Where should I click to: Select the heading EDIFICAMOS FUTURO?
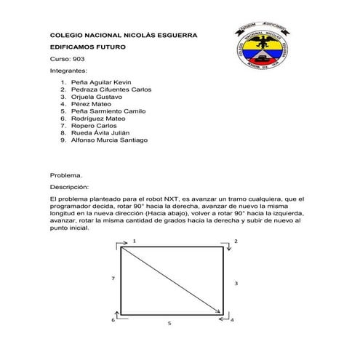87,46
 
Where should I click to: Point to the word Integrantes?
68,71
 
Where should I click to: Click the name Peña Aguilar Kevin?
101,83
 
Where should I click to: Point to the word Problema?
65,175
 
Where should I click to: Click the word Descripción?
69,187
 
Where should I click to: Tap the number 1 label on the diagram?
134,240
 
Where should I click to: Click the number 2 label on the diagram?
235,240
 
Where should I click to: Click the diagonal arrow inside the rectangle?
172,281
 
